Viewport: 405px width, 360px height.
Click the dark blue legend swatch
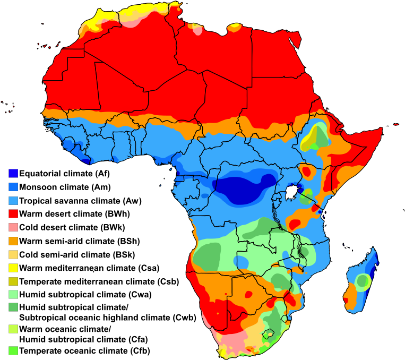click(13, 173)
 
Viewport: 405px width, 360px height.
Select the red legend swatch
click(13, 213)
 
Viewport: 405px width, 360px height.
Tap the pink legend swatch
click(13, 227)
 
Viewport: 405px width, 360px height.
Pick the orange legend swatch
click(13, 241)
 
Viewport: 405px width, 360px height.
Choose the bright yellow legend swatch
click(13, 268)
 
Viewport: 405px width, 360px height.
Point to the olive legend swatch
click(13, 281)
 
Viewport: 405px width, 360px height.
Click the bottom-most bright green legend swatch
click(13, 350)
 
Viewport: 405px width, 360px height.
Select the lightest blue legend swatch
click(13, 200)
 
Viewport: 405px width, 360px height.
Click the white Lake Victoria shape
click(291, 192)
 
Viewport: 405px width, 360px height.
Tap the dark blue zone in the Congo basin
click(239, 188)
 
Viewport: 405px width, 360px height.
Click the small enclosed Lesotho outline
click(269, 335)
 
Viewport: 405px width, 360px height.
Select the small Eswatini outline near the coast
click(286, 319)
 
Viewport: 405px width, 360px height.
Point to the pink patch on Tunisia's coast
click(197, 29)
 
